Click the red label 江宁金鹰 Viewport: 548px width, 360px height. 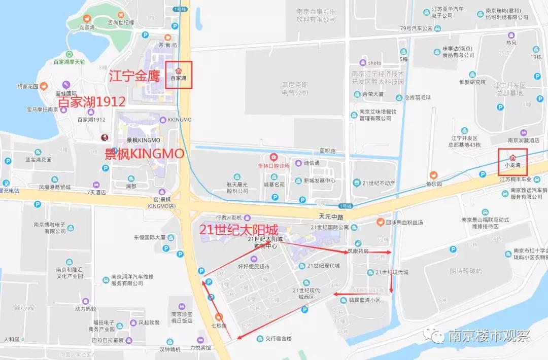click(x=134, y=77)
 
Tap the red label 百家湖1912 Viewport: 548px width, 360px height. click(x=92, y=101)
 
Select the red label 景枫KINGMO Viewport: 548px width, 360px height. click(x=143, y=154)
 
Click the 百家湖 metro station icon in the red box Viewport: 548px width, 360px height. click(x=178, y=70)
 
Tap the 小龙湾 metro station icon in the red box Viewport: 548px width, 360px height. click(x=512, y=157)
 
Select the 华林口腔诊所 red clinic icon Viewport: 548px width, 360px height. click(x=274, y=157)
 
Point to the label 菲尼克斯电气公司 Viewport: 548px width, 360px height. click(x=295, y=88)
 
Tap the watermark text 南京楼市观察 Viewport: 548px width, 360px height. click(x=489, y=336)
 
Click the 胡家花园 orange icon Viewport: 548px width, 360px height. click(x=44, y=86)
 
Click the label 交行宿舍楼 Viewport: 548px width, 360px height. click(x=279, y=338)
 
